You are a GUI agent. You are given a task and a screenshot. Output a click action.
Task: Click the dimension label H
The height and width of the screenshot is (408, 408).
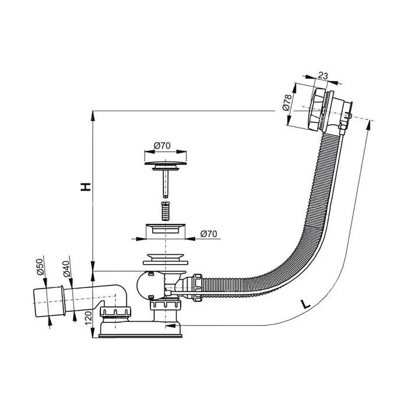pyautogui.click(x=86, y=187)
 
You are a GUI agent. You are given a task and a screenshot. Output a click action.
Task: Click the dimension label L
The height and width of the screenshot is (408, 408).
pyautogui.click(x=305, y=304)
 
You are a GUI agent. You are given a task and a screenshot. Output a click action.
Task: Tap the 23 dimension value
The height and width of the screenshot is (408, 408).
pyautogui.click(x=323, y=76)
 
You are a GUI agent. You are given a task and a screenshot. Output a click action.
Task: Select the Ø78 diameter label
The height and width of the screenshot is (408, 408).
pyautogui.click(x=287, y=103)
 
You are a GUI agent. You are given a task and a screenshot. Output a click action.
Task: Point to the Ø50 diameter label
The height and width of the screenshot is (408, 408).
pyautogui.click(x=40, y=267)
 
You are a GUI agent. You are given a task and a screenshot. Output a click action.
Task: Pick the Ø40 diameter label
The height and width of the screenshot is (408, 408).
pyautogui.click(x=66, y=269)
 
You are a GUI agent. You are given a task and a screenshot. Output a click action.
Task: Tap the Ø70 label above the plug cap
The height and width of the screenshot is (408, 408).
pyautogui.click(x=162, y=145)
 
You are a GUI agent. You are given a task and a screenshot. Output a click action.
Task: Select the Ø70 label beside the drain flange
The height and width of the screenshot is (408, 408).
pyautogui.click(x=209, y=234)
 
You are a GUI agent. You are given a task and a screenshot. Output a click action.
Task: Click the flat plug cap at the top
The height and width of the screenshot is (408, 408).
pyautogui.click(x=166, y=163)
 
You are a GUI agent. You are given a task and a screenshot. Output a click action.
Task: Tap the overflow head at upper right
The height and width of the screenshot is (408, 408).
pyautogui.click(x=330, y=110)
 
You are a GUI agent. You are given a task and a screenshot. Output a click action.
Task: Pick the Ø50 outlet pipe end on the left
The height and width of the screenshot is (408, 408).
pyautogui.click(x=48, y=301)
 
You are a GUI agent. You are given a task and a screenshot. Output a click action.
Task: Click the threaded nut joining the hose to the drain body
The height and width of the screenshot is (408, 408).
pyautogui.click(x=198, y=287)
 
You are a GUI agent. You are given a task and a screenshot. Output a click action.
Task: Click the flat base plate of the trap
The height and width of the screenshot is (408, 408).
pyautogui.click(x=140, y=336)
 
